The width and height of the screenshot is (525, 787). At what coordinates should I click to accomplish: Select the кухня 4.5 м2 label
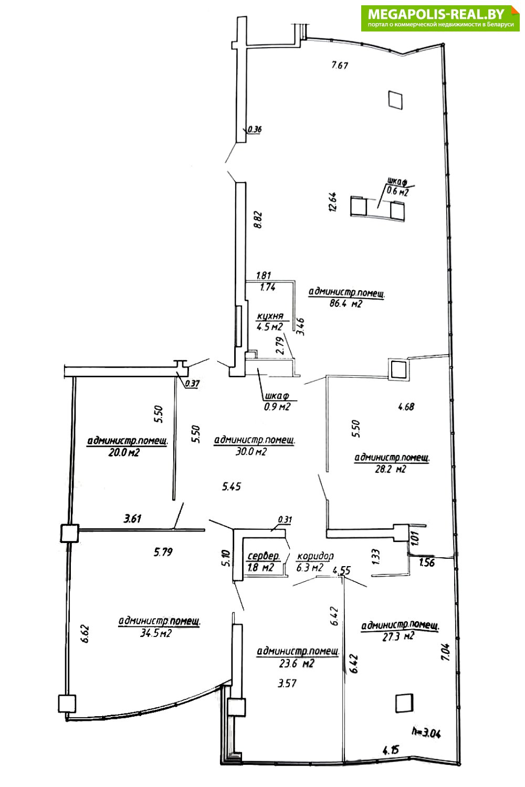[270, 322]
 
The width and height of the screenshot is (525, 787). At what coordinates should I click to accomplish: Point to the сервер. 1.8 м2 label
[263, 561]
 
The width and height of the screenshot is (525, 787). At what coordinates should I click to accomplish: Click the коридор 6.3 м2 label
[315, 561]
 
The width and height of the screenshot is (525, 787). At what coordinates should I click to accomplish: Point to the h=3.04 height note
[426, 732]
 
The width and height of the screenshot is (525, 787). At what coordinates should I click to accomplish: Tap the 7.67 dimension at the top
[340, 65]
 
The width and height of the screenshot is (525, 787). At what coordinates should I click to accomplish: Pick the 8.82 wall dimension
[257, 219]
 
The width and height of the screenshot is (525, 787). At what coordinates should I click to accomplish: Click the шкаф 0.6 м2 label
[397, 187]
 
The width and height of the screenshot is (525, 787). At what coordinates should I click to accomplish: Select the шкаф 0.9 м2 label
[277, 401]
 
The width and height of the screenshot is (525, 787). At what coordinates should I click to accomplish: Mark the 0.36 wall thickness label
[255, 129]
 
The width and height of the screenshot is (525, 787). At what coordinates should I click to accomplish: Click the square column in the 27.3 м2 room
[403, 703]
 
